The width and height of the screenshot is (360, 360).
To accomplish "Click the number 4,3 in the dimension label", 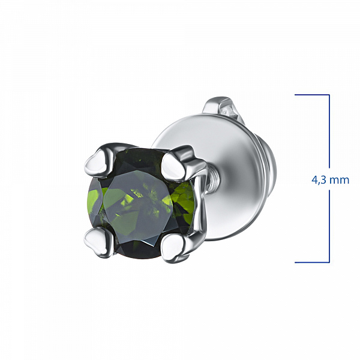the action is pyautogui.click(x=319, y=180).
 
